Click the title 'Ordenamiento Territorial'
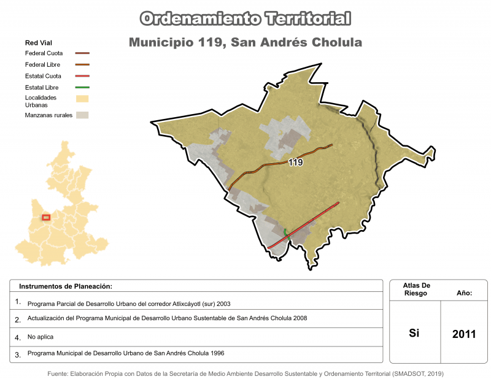(245, 18)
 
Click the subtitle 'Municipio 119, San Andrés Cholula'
(245, 43)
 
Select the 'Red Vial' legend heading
(38, 43)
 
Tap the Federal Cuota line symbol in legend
(82, 53)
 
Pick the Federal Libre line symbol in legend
(82, 64)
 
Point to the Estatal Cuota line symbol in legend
(82, 76)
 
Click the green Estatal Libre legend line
(82, 88)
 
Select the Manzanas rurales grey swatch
(82, 115)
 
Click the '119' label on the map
(295, 163)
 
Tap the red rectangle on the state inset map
(46, 216)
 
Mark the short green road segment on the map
(286, 232)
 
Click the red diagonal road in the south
(307, 223)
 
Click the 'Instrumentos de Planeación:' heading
(66, 286)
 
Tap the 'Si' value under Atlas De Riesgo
(414, 334)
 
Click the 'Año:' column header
(464, 294)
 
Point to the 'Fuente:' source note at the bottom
(245, 373)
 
